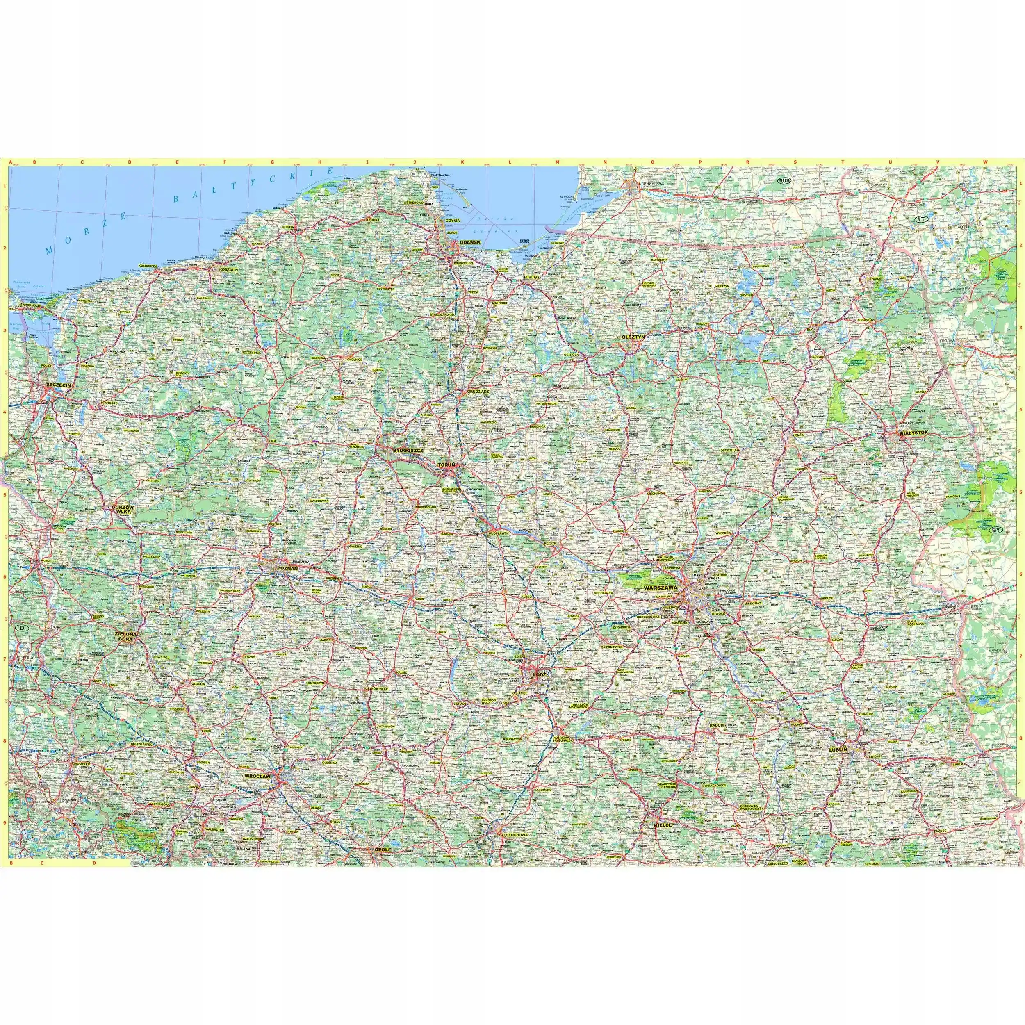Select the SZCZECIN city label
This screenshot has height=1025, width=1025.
tap(58, 384)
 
